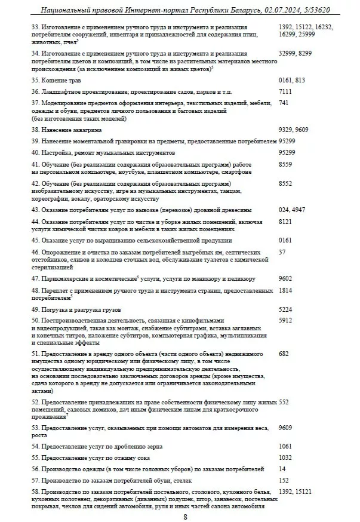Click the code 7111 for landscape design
[x=286, y=91]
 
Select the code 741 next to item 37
[x=284, y=103]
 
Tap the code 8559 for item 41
[x=286, y=164]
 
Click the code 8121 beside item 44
[x=286, y=222]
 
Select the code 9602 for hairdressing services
[x=286, y=278]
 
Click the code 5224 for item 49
[x=286, y=309]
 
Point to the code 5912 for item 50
[x=286, y=321]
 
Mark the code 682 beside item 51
[x=284, y=354]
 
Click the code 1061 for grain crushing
[x=286, y=446]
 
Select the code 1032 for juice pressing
[x=286, y=457]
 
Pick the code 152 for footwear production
[x=284, y=480]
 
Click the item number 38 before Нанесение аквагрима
[x=35, y=130]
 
